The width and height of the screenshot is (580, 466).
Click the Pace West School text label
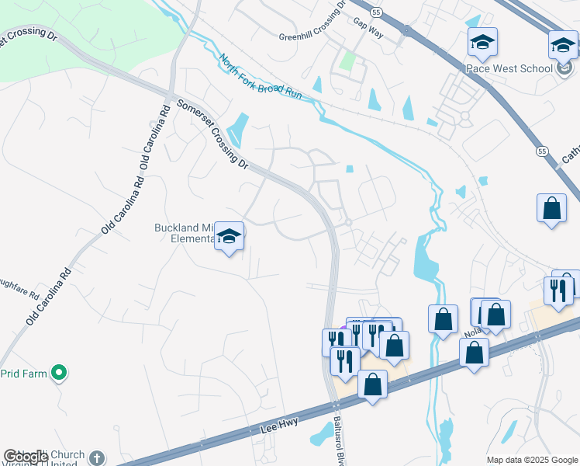pos(509,68)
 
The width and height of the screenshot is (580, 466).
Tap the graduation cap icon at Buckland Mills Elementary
pos(230,236)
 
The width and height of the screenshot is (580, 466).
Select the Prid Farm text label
pos(22,374)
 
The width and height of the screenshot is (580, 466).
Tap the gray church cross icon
pos(96,458)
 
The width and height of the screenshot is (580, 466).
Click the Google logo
pos(25,457)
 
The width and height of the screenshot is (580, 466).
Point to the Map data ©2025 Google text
pos(531,460)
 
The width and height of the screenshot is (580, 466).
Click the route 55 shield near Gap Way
pos(376,13)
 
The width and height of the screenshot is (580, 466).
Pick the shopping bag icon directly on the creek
pos(443,318)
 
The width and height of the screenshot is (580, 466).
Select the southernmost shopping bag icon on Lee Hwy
pos(373,384)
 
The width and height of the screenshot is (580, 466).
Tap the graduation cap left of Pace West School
pos(482,43)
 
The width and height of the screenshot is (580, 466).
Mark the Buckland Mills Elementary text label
pos(184,234)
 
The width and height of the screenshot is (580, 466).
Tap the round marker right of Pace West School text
pos(564,68)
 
